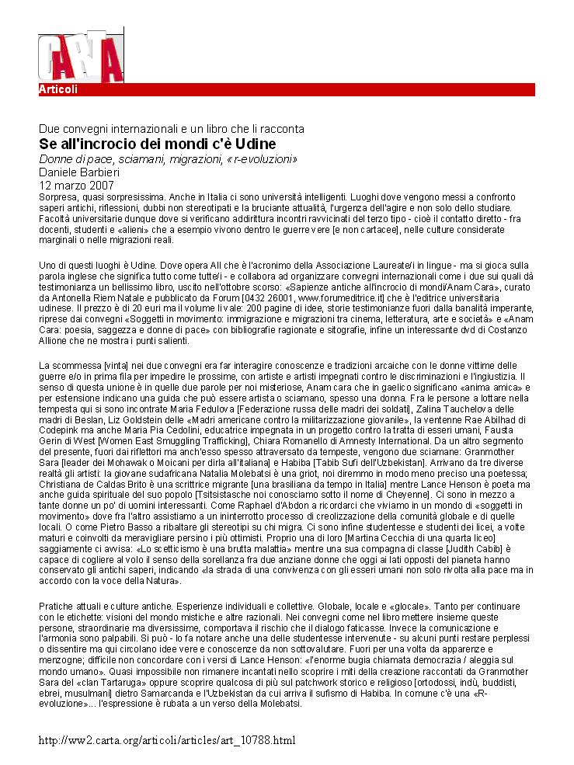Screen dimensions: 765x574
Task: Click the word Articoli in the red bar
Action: coord(58,89)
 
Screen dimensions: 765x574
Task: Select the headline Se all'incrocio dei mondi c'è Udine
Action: coord(158,144)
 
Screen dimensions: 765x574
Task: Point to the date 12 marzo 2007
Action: coord(76,186)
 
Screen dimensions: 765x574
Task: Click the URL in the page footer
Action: coord(167,740)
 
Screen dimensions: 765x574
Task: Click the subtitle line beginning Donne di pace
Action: coord(169,159)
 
